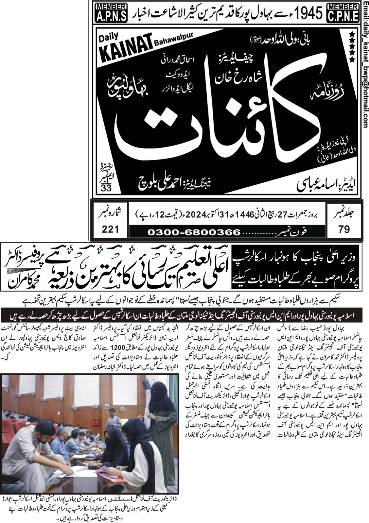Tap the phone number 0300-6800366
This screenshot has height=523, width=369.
[x=194, y=232]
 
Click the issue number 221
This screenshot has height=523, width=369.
[x=110, y=229]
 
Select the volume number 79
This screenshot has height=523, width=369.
[x=344, y=229]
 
